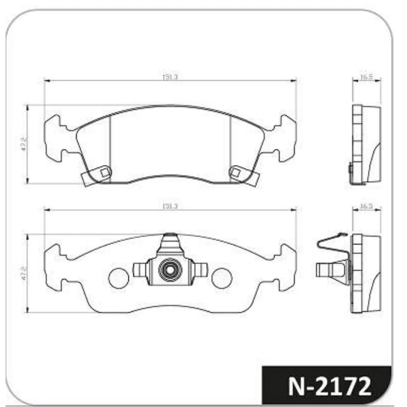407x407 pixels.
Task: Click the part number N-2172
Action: (329, 386)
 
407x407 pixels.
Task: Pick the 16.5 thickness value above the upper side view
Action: (366, 77)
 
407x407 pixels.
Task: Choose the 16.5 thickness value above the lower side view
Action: (366, 206)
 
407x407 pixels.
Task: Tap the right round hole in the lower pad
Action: (222, 277)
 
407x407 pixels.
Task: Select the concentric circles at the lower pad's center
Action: (169, 269)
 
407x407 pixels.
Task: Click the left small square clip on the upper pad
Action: (105, 172)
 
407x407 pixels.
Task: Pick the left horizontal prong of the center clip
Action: (139, 270)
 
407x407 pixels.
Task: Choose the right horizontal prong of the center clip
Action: (200, 270)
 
